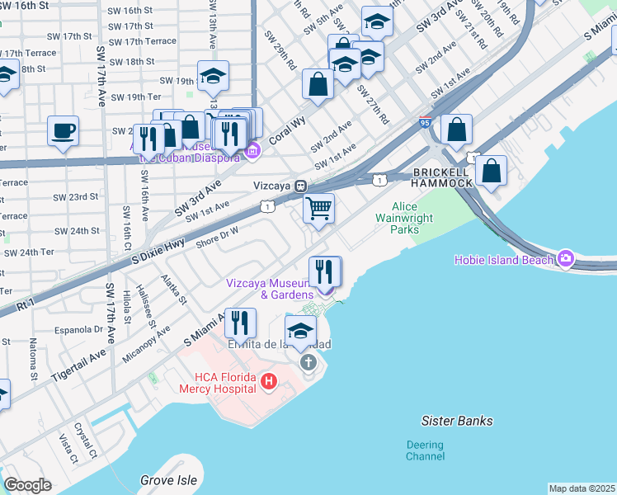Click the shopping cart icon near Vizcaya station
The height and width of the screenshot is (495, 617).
pos(318,207)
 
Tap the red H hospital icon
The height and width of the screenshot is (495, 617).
pos(268,381)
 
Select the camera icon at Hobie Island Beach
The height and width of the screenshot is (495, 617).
pos(566,259)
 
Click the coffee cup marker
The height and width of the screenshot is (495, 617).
pos(64,130)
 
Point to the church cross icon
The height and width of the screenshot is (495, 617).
pos(308,363)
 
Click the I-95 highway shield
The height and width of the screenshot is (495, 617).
pos(426,122)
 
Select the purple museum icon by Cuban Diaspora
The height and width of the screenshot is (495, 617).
pos(253,149)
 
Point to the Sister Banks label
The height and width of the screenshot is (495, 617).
pos(457,421)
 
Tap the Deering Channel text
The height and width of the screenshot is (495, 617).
pos(425,450)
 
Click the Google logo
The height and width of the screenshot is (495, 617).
pos(27,485)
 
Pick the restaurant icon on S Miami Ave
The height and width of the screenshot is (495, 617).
pos(241,323)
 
